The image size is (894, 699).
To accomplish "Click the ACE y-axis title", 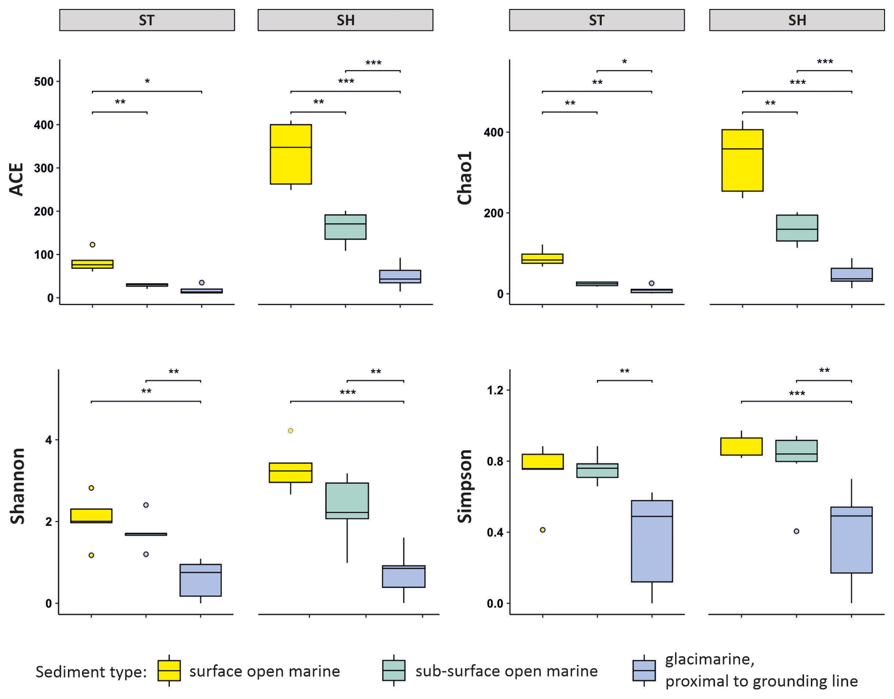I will click(x=17, y=180).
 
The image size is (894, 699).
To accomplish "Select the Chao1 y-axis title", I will click(x=465, y=178).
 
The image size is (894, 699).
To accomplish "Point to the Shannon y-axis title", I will click(x=17, y=486).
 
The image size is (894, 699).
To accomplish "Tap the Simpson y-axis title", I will click(x=465, y=486).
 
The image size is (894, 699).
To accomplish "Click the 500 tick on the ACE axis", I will click(x=43, y=82).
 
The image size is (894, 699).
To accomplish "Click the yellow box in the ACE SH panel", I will click(x=291, y=154).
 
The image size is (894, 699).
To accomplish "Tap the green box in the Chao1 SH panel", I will click(x=797, y=228).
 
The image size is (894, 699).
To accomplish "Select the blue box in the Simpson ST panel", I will click(x=652, y=541).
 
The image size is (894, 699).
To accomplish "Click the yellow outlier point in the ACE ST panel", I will click(x=93, y=245).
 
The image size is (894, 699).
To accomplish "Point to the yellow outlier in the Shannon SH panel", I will click(x=291, y=431).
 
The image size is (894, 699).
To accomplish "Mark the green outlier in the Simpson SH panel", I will click(x=797, y=531).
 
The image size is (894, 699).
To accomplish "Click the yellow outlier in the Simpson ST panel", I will click(x=543, y=530).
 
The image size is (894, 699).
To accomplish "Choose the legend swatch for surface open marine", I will click(x=169, y=671).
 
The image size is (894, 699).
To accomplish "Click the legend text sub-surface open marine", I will click(x=506, y=671).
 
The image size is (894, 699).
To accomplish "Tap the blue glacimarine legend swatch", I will click(x=644, y=671).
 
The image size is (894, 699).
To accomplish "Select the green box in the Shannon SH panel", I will click(x=347, y=501).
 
